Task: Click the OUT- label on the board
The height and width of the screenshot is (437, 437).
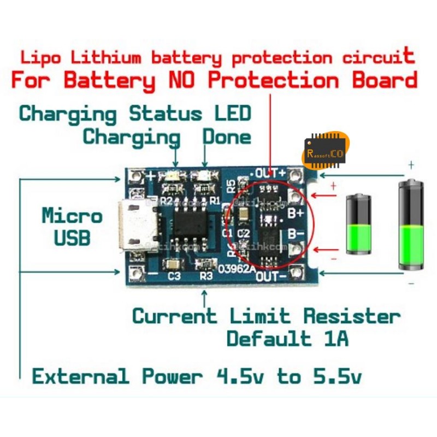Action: click(x=271, y=277)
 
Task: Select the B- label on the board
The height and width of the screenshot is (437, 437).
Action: click(x=296, y=234)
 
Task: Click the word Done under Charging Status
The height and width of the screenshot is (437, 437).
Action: click(x=227, y=137)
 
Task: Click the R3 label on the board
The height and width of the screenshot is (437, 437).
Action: click(x=206, y=276)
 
